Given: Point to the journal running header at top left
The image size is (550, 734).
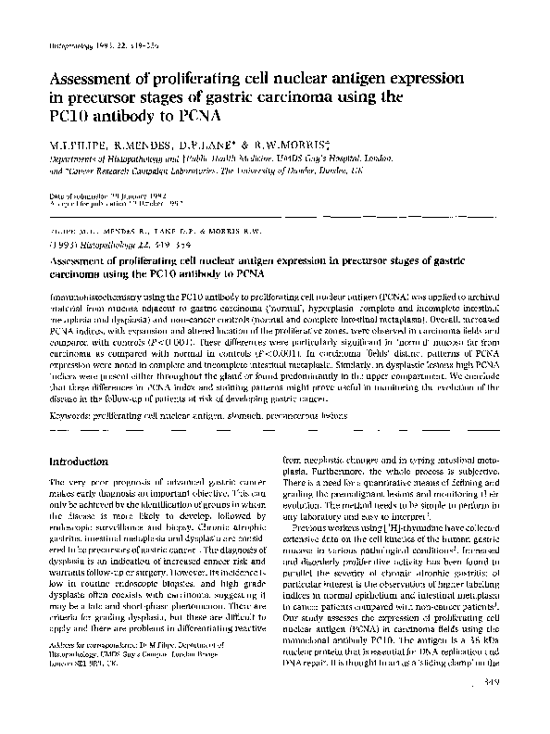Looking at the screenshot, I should [94, 45].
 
